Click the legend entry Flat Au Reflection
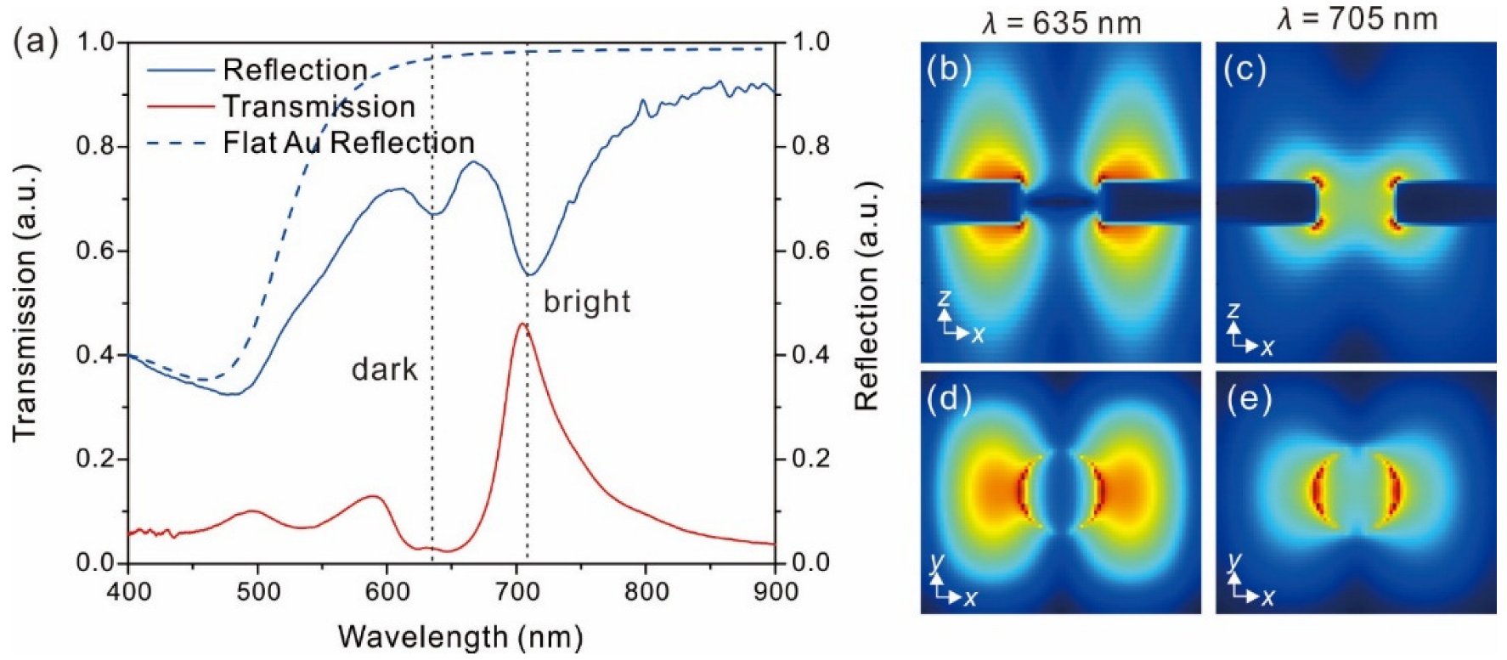(348, 143)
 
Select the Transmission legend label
(319, 107)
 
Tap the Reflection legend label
(295, 71)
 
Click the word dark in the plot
(385, 369)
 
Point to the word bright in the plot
(587, 302)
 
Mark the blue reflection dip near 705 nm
(528, 274)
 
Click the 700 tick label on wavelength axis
(516, 591)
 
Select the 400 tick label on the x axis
(128, 591)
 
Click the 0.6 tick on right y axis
(810, 251)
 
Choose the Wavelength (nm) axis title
(460, 636)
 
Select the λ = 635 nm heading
(1061, 23)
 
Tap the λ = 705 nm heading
(1357, 18)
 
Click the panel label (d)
(949, 398)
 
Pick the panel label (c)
(1245, 70)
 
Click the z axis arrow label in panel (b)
(944, 298)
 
